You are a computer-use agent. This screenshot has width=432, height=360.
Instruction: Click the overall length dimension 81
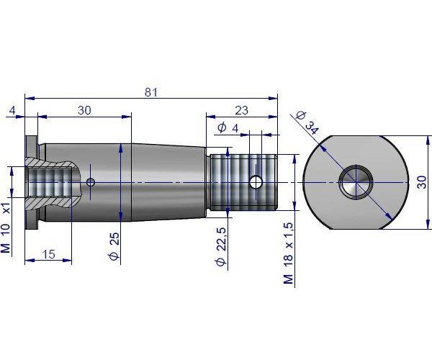150,92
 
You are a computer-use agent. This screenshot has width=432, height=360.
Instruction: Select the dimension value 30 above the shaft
85,110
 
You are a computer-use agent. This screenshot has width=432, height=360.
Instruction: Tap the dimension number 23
241,110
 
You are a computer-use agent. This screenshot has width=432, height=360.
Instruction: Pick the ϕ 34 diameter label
306,122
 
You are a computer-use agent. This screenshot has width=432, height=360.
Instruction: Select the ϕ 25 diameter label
113,246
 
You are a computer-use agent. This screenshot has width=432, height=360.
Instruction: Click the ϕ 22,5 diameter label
220,246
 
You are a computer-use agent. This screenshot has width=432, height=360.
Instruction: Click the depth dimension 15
49,253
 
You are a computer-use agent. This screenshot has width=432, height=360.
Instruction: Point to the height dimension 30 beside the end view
421,181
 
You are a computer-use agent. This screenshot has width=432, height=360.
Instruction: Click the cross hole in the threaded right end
255,181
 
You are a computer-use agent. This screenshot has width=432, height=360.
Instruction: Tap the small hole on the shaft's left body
91,181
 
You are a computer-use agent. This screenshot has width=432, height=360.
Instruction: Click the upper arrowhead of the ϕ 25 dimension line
121,147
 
